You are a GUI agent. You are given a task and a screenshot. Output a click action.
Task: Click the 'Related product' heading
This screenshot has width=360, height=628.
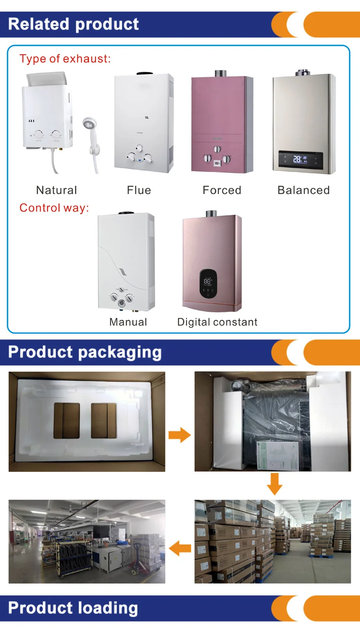pyautogui.click(x=74, y=24)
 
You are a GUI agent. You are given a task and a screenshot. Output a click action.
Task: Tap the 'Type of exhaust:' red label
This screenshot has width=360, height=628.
pyautogui.click(x=65, y=59)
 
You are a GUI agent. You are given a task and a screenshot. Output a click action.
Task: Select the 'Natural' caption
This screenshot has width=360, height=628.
pyautogui.click(x=56, y=190)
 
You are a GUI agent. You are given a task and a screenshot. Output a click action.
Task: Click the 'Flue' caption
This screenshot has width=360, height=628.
pyautogui.click(x=139, y=190)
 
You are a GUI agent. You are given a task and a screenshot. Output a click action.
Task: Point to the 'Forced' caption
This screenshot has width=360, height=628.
pyautogui.click(x=222, y=190)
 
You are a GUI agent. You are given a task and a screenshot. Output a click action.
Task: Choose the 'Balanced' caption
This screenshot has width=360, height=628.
pyautogui.click(x=304, y=190)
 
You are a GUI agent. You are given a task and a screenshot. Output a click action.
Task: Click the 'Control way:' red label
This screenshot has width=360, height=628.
pyautogui.click(x=54, y=208)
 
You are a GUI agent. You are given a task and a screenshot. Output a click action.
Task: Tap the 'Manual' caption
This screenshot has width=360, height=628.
pyautogui.click(x=128, y=322)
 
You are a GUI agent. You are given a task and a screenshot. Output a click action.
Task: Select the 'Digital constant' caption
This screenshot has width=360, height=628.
pyautogui.click(x=217, y=322)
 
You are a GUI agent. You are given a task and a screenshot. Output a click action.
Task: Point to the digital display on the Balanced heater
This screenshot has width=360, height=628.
pyautogui.click(x=300, y=160)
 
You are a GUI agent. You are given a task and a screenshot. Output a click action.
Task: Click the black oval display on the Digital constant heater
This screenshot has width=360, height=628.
pyautogui.click(x=208, y=283)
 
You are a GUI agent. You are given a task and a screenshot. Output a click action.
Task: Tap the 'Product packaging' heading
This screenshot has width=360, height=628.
pyautogui.click(x=85, y=352)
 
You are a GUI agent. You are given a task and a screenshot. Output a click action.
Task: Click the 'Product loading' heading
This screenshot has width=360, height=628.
pyautogui.click(x=73, y=608)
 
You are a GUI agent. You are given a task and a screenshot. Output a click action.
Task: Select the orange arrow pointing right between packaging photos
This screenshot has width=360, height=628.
pyautogui.click(x=179, y=435)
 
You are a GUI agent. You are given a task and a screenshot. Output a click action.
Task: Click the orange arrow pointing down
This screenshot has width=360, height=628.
pyautogui.click(x=274, y=484)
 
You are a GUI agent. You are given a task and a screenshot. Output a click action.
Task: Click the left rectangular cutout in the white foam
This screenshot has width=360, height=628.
pyautogui.click(x=67, y=420)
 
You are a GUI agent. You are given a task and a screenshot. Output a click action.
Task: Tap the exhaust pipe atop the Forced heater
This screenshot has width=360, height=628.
pyautogui.click(x=220, y=74)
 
